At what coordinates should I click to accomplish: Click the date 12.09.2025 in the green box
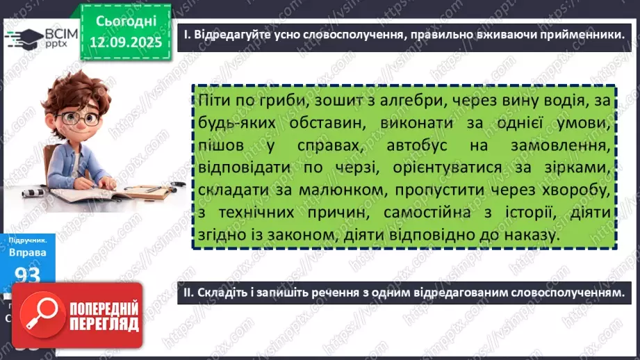126,42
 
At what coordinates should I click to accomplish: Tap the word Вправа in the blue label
28,252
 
